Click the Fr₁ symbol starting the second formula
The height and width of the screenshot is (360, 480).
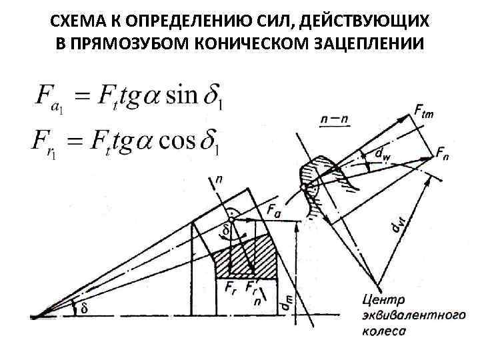[47, 144]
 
